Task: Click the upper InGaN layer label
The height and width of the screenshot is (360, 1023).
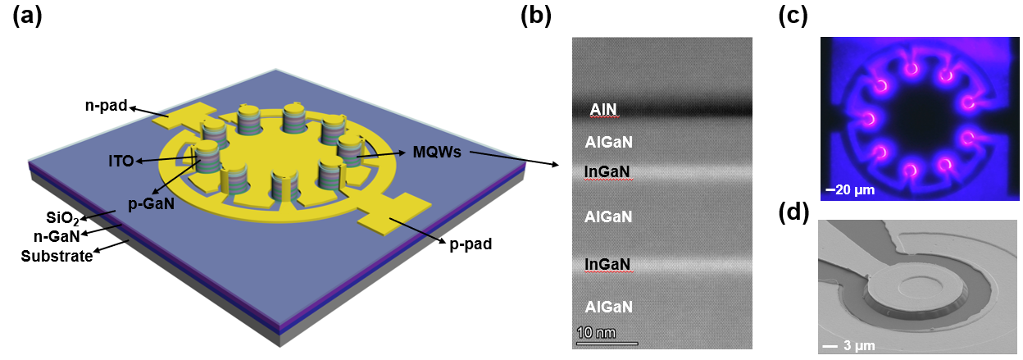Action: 608,171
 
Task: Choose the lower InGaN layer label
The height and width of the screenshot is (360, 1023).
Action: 608,264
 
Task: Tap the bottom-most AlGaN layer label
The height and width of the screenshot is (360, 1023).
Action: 607,308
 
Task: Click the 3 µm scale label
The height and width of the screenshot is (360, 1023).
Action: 857,345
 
